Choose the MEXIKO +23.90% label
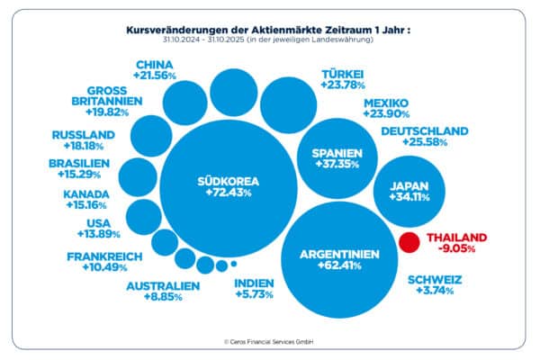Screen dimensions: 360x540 (x=386, y=109)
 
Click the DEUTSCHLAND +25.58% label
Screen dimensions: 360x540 (x=425, y=137)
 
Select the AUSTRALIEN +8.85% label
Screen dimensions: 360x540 (x=163, y=292)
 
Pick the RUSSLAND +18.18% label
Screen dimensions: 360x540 (x=84, y=141)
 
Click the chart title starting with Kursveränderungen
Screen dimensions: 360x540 (x=269, y=30)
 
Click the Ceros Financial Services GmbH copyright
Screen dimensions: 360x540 (x=269, y=342)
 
